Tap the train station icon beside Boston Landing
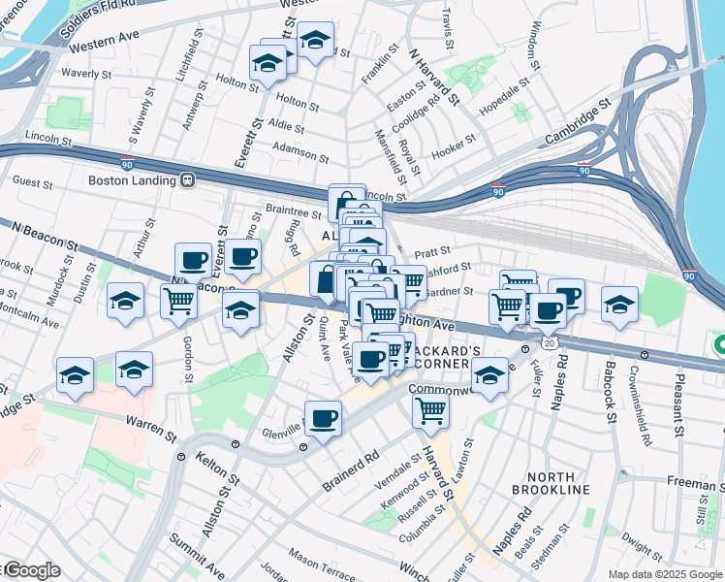[x=187, y=179]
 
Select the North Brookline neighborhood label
[x=558, y=483]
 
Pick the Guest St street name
[x=32, y=181]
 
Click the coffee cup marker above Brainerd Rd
[x=323, y=418]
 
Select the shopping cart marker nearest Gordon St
[x=178, y=302]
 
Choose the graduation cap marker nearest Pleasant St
[x=619, y=304]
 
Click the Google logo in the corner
[x=31, y=570]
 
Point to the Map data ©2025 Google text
[x=665, y=574]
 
